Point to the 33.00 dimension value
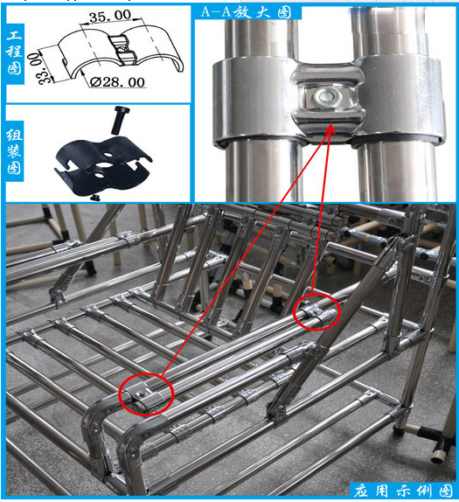(x=35, y=65)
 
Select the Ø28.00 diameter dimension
(x=116, y=82)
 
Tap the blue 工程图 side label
(x=14, y=51)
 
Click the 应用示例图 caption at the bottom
(x=405, y=488)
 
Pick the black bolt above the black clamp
(x=118, y=119)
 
